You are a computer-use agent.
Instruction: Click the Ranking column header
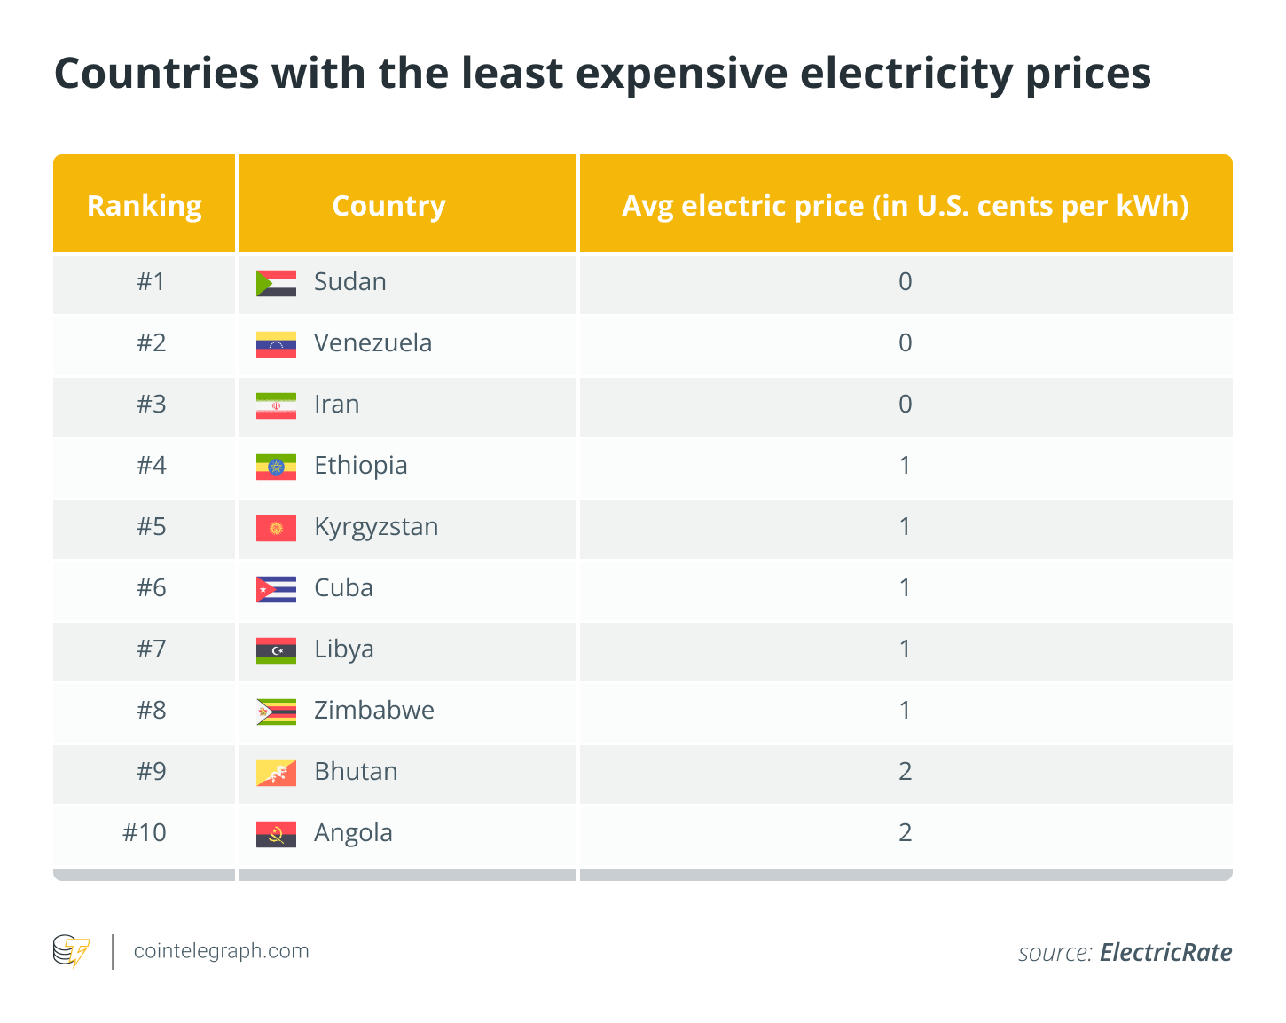[x=145, y=206]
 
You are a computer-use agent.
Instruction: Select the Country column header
[x=388, y=206]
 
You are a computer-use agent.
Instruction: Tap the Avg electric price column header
[x=905, y=206]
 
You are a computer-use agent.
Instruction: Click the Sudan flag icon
[x=276, y=283]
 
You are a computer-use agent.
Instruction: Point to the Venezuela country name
[x=372, y=343]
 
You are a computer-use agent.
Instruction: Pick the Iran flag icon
[x=276, y=405]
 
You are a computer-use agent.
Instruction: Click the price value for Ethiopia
[x=905, y=466]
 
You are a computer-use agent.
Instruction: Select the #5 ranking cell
[x=151, y=527]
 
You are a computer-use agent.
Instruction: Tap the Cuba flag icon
[x=276, y=589]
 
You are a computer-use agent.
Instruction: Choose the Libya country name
[x=343, y=649]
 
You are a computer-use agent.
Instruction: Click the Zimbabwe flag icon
[x=276, y=712]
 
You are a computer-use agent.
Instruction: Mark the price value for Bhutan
[x=905, y=772]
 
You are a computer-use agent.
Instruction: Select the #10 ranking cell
[x=145, y=833]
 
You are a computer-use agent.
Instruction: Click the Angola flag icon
[x=276, y=834]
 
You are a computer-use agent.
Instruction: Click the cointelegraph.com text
[x=221, y=951]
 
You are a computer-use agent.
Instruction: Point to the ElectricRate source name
[x=1165, y=953]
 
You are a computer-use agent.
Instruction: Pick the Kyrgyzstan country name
[x=376, y=527]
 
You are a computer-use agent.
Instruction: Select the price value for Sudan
[x=905, y=282]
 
